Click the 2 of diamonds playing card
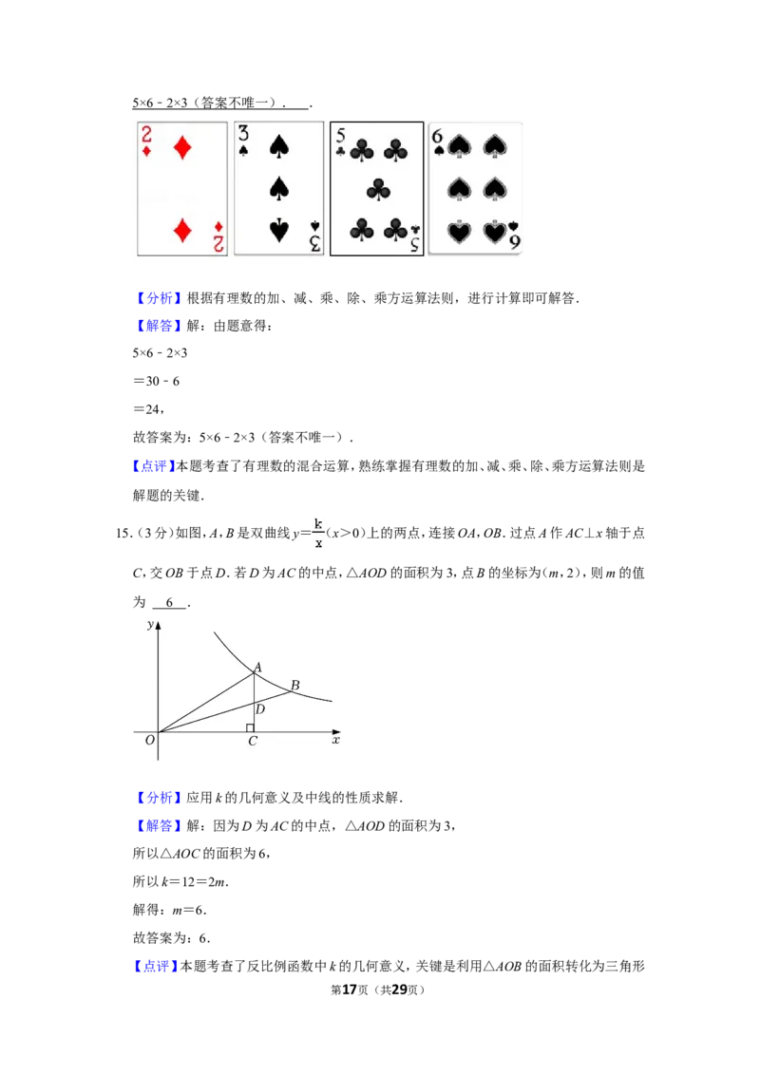click(x=182, y=189)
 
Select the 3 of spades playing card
click(x=279, y=189)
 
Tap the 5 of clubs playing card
click(x=376, y=189)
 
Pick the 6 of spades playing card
click(x=475, y=189)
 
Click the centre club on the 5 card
click(x=378, y=189)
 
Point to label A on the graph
click(x=257, y=667)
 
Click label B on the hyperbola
click(x=294, y=685)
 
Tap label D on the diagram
click(x=260, y=708)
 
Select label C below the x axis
click(x=253, y=741)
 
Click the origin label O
click(x=149, y=741)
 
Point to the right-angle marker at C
click(x=250, y=728)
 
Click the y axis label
click(x=150, y=624)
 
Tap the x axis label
click(x=336, y=740)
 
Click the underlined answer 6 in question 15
click(x=169, y=603)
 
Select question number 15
click(x=123, y=534)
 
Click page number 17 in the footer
click(x=350, y=990)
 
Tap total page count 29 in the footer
click(x=399, y=990)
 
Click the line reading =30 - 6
click(x=157, y=381)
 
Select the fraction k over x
click(x=318, y=533)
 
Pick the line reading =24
click(x=149, y=409)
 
